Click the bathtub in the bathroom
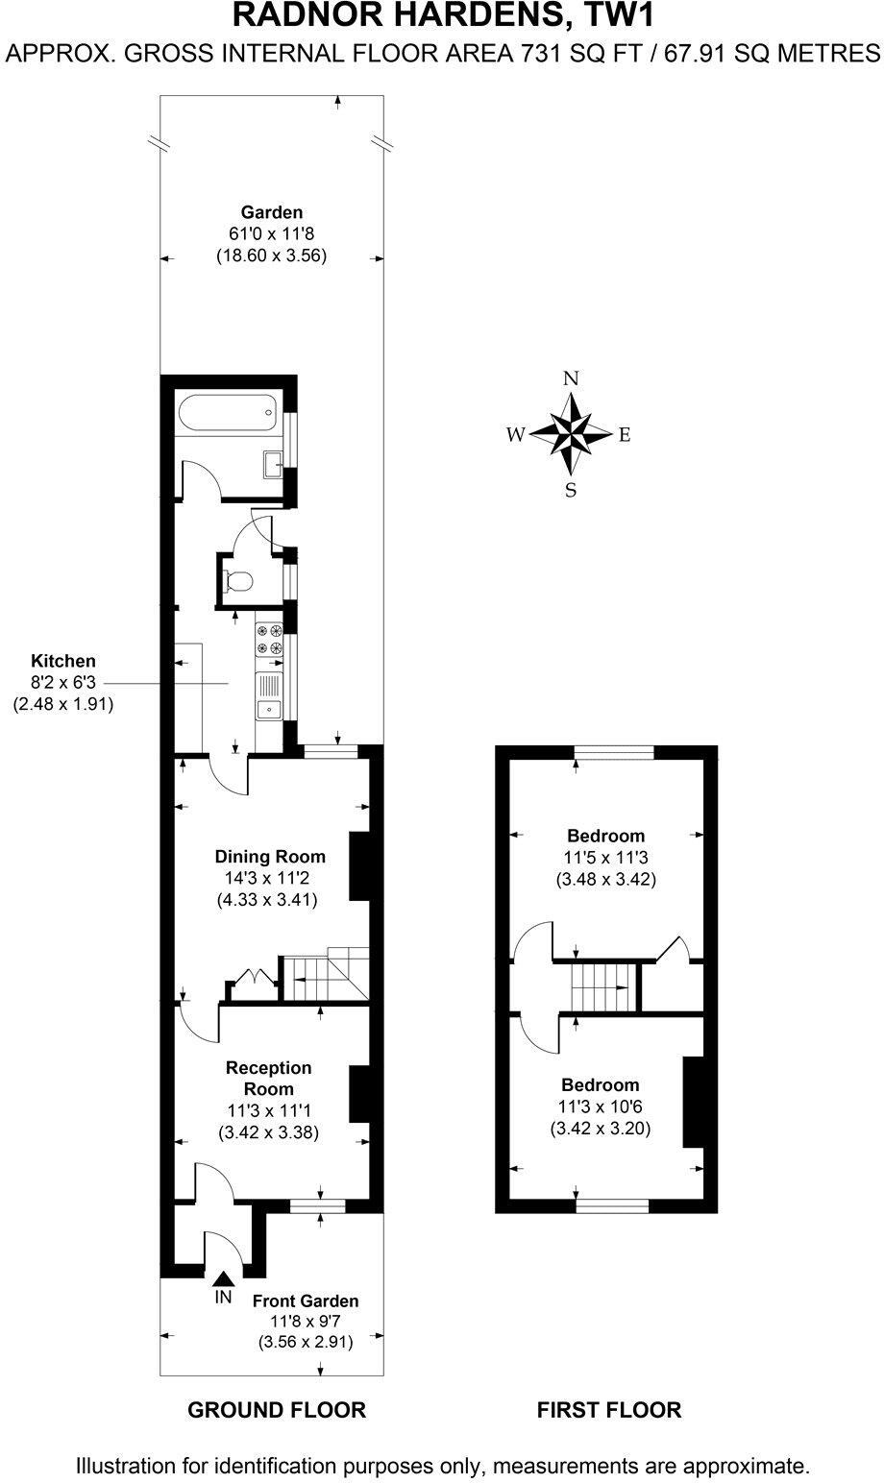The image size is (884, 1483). pyautogui.click(x=227, y=415)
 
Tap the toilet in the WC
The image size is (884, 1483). pyautogui.click(x=237, y=581)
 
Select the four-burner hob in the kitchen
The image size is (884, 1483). pyautogui.click(x=270, y=640)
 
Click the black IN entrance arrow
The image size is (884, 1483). pyautogui.click(x=223, y=1278)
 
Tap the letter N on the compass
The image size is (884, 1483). pyautogui.click(x=571, y=377)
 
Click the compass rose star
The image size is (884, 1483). pyautogui.click(x=571, y=433)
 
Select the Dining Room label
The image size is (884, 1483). pyautogui.click(x=270, y=857)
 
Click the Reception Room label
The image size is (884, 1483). pyautogui.click(x=269, y=1078)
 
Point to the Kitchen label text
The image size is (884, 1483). pyautogui.click(x=63, y=661)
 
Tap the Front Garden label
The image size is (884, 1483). pyautogui.click(x=306, y=1301)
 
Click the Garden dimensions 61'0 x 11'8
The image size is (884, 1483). pyautogui.click(x=272, y=234)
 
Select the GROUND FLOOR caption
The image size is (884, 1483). pyautogui.click(x=277, y=1410)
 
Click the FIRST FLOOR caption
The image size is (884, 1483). pyautogui.click(x=609, y=1410)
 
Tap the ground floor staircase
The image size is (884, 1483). pyautogui.click(x=327, y=977)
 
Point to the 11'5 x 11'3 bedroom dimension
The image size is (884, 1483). pyautogui.click(x=605, y=858)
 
